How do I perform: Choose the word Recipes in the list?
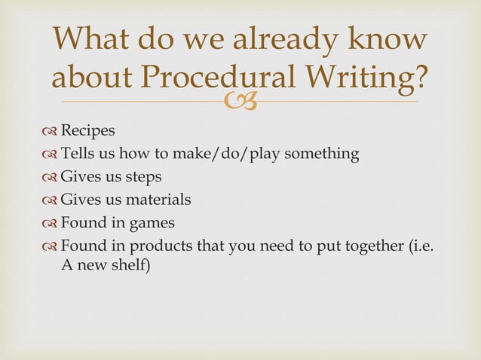pyautogui.click(x=88, y=131)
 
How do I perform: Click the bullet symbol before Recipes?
pyautogui.click(x=51, y=132)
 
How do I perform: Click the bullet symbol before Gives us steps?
pyautogui.click(x=51, y=178)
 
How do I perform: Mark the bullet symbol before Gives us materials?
pyautogui.click(x=51, y=200)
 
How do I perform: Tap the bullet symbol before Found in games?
pyautogui.click(x=51, y=224)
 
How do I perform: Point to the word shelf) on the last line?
pyautogui.click(x=131, y=264)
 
